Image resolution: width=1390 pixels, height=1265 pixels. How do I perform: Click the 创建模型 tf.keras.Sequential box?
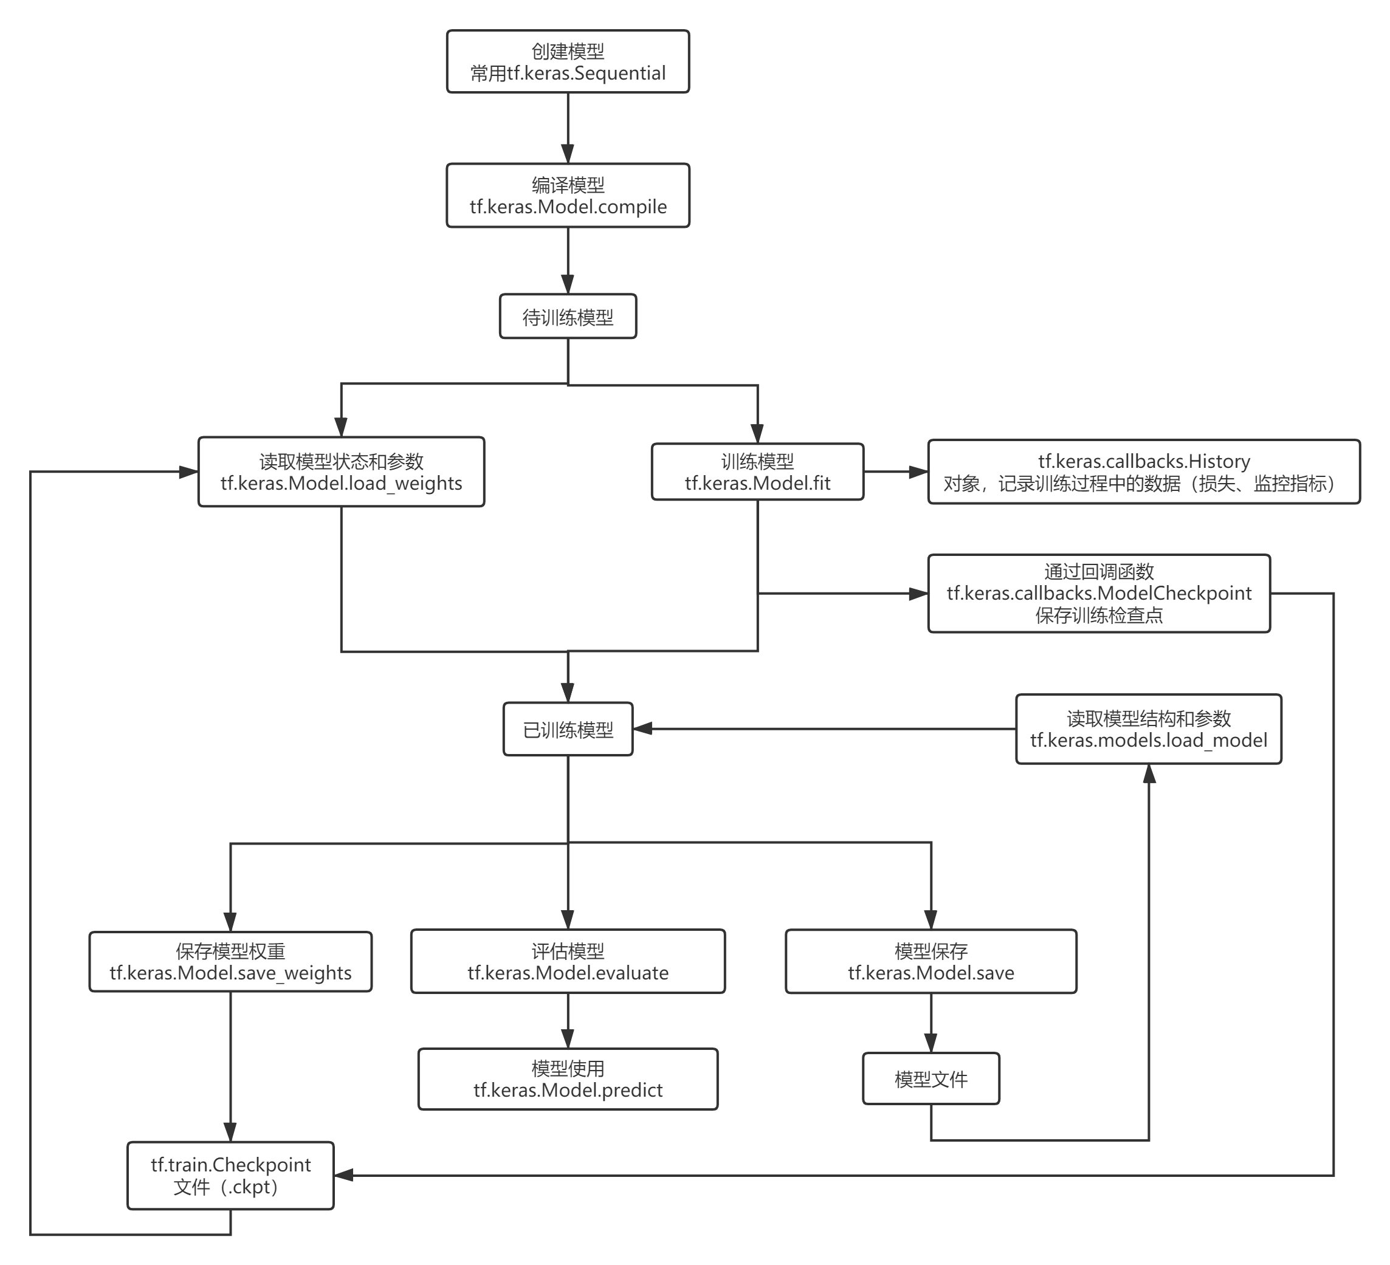pyautogui.click(x=568, y=61)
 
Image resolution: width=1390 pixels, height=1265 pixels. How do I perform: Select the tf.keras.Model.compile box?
pyautogui.click(x=568, y=195)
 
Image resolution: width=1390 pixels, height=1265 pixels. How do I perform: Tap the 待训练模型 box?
pyautogui.click(x=568, y=317)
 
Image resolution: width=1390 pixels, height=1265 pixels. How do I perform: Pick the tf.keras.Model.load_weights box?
pyautogui.click(x=342, y=472)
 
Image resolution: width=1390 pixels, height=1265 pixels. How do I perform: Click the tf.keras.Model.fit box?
pyautogui.click(x=757, y=472)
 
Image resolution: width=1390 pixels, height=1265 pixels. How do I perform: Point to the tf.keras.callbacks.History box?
pyautogui.click(x=1144, y=472)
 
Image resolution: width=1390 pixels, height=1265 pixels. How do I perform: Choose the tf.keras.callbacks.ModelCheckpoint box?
pyautogui.click(x=1098, y=594)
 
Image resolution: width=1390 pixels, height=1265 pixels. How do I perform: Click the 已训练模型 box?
pyautogui.click(x=568, y=729)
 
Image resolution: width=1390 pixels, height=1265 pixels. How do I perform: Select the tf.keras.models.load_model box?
pyautogui.click(x=1148, y=729)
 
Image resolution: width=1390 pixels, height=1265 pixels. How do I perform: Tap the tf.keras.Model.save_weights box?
pyautogui.click(x=230, y=962)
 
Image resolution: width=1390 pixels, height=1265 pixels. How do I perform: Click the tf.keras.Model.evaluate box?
pyautogui.click(x=568, y=962)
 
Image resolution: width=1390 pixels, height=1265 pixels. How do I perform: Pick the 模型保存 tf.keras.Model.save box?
pyautogui.click(x=931, y=962)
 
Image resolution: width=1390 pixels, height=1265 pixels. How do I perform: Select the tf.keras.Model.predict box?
pyautogui.click(x=568, y=1079)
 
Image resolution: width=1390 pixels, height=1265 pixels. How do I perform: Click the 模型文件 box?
pyautogui.click(x=931, y=1079)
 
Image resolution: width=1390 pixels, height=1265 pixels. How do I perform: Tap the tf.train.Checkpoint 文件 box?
pyautogui.click(x=230, y=1176)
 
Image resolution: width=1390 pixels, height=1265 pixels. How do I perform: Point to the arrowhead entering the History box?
pyautogui.click(x=918, y=472)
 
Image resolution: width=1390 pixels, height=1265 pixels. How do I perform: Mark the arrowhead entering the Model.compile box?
pyautogui.click(x=568, y=153)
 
